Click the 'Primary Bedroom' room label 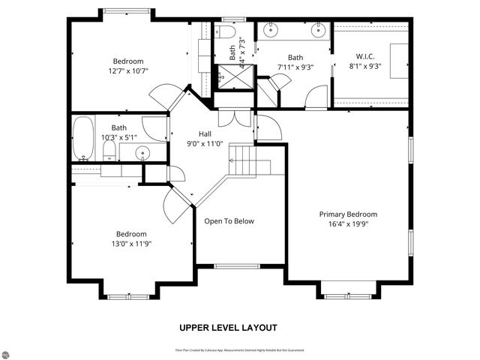tap(347, 214)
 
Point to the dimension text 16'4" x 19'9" tap(347, 223)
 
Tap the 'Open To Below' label tap(229, 221)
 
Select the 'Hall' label tap(194, 133)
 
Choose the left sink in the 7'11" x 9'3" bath tap(271, 31)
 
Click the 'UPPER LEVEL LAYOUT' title tap(228, 328)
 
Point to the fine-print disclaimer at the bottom tap(239, 350)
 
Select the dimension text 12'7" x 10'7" tap(127, 71)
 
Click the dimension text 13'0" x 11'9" tap(131, 243)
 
